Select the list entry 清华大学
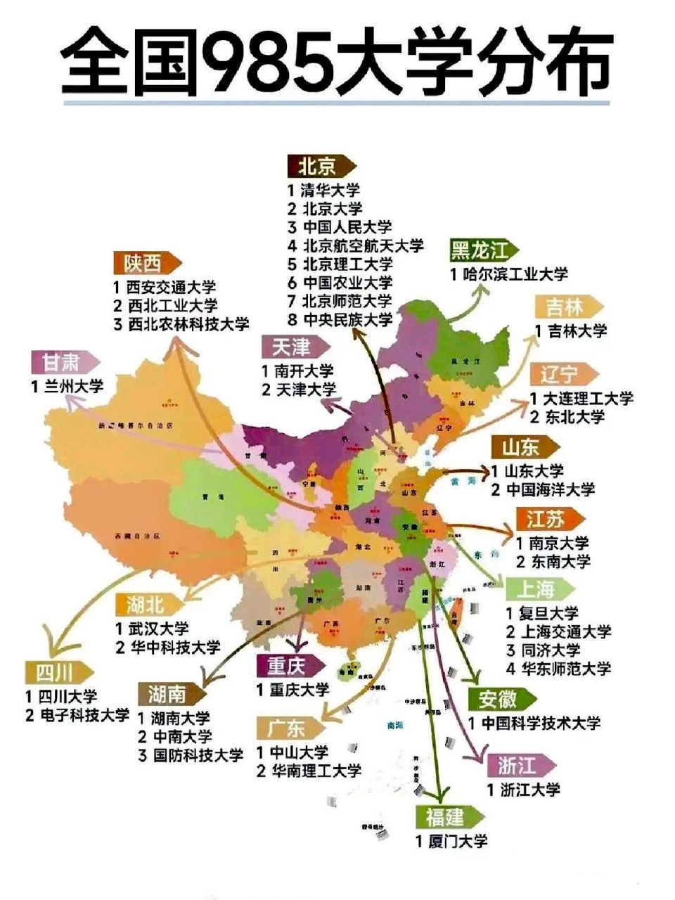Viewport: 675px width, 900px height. coord(323,190)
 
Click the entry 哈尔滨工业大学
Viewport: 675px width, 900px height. coord(509,274)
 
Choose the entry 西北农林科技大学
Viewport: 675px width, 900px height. coord(181,324)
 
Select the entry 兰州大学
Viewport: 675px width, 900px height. coord(67,386)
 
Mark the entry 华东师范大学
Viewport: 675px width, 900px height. coord(558,668)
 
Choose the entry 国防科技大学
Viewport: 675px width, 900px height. coord(190,755)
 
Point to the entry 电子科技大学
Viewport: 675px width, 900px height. coord(77,715)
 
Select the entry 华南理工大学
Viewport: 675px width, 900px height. coord(309,771)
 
